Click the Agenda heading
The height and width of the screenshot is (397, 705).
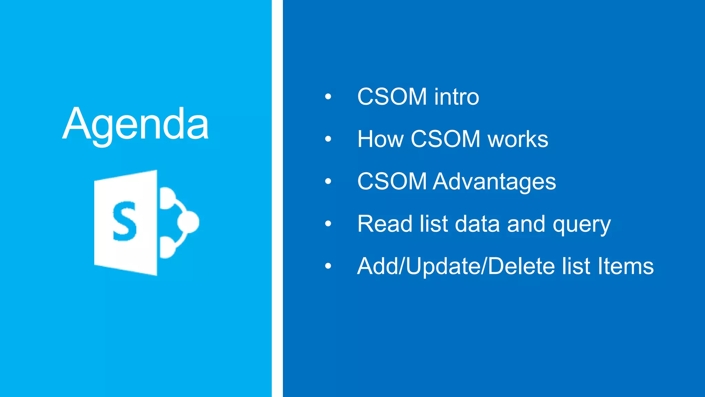(x=136, y=124)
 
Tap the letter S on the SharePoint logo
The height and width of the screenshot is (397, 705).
(x=124, y=221)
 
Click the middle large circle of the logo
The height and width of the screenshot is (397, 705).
(x=188, y=222)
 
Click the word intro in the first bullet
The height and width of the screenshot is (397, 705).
(x=456, y=97)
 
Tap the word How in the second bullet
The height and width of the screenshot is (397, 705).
(x=380, y=139)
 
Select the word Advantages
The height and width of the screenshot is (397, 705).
(x=494, y=182)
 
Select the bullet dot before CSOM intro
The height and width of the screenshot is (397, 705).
(x=328, y=97)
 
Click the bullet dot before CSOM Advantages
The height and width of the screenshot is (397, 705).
(x=328, y=181)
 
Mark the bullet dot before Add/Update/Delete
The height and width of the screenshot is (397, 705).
(x=328, y=266)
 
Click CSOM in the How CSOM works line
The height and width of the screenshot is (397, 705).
(x=445, y=139)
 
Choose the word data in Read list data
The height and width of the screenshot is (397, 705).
(x=477, y=224)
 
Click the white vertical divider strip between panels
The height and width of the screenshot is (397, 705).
(x=277, y=198)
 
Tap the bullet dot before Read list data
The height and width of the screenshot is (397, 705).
(x=328, y=224)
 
